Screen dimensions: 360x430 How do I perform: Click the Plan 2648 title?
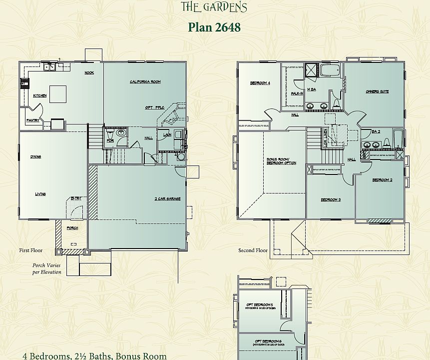click(x=214, y=27)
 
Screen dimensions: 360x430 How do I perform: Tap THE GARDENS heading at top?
click(x=214, y=6)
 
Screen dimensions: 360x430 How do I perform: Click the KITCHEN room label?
click(x=40, y=95)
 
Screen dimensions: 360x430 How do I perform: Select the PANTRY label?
click(x=33, y=120)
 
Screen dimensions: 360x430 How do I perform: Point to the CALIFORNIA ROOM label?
click(x=145, y=81)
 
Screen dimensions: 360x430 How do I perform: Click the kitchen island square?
click(x=57, y=93)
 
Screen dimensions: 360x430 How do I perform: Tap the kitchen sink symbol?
click(x=49, y=66)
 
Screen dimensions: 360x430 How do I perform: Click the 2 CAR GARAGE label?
click(x=167, y=198)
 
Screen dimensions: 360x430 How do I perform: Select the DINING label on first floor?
click(x=35, y=157)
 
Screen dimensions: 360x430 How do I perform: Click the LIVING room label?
click(x=40, y=194)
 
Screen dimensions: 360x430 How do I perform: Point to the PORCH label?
click(x=72, y=228)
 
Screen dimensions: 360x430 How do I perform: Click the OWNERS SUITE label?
click(x=377, y=91)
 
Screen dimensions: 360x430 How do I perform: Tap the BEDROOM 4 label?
click(x=260, y=83)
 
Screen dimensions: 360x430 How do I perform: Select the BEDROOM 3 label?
click(x=330, y=200)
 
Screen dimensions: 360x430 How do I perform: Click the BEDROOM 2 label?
click(x=382, y=180)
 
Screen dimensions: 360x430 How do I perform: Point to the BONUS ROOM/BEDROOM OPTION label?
click(x=281, y=161)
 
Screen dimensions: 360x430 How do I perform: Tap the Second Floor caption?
click(x=253, y=250)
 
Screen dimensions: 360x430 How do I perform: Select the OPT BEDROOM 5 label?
click(x=259, y=305)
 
